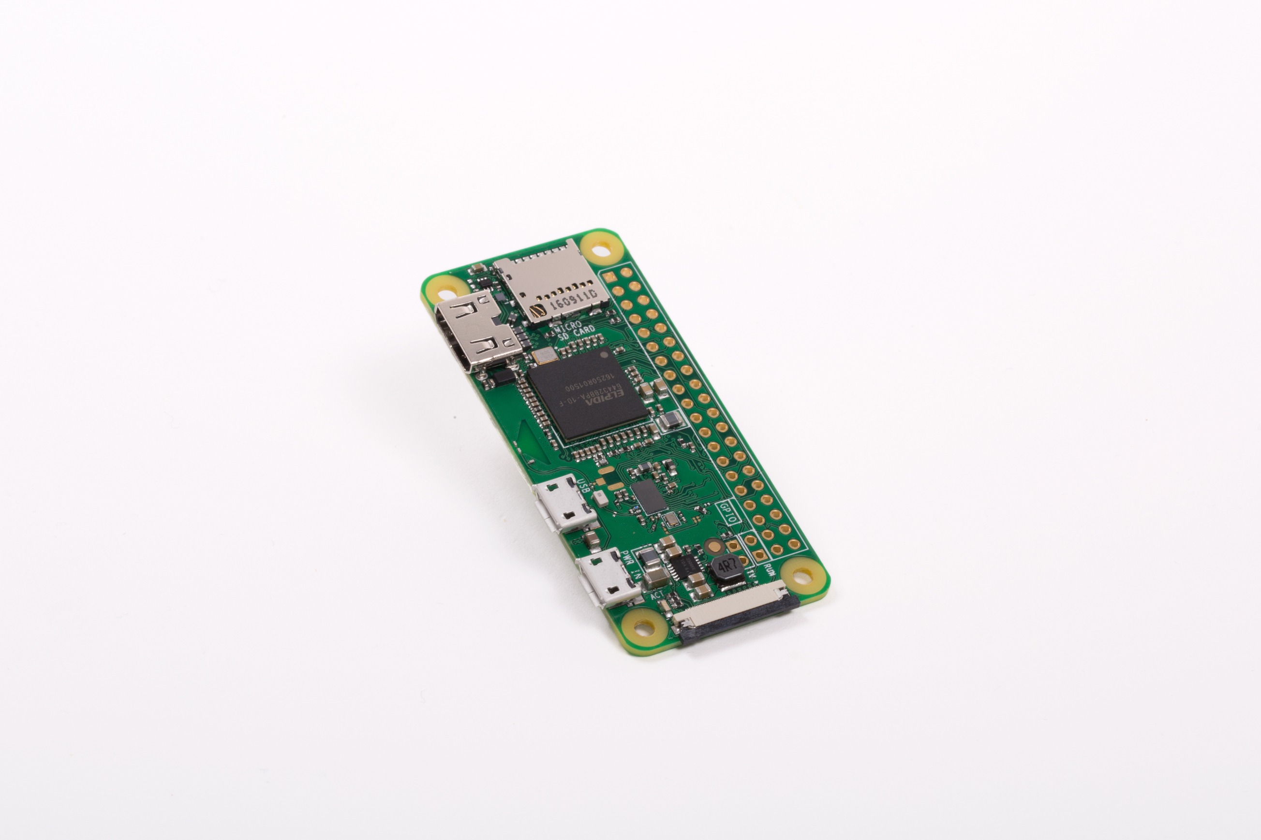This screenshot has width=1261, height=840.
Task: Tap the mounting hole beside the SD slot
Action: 602,248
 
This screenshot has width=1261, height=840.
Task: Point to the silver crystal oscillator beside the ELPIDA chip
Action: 544,355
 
